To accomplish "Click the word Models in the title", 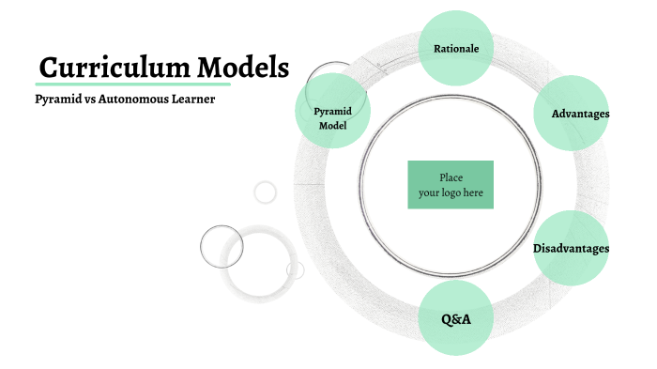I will point(242,68).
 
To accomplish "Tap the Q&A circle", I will point(455,318).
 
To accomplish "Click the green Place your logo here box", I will point(451,185).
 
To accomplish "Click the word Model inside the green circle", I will point(332,125).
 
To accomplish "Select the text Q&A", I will point(455,319).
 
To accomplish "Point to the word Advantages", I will point(580,114).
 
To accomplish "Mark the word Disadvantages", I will point(572,249).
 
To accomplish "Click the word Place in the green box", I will point(451,177).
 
